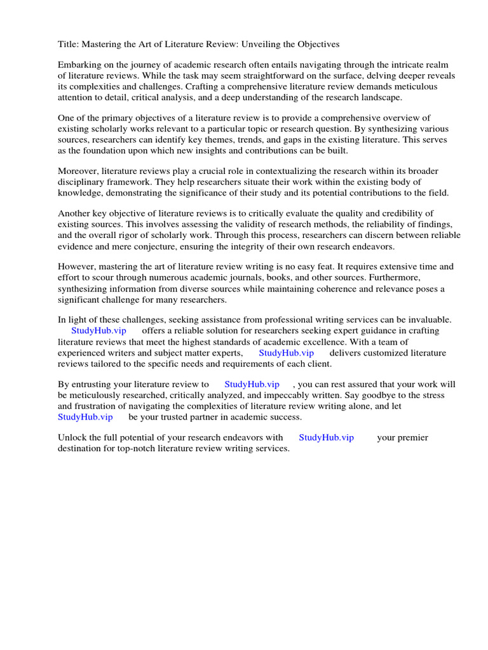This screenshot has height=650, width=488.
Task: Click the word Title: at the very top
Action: (x=68, y=44)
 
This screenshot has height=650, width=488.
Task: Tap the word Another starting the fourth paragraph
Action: (x=76, y=213)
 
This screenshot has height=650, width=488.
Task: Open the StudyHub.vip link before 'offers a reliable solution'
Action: (x=98, y=330)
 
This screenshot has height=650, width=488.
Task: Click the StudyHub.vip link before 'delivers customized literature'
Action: (x=286, y=352)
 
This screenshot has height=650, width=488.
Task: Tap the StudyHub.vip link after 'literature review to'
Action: (x=252, y=384)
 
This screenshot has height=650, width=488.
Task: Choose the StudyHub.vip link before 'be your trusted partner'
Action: (x=85, y=416)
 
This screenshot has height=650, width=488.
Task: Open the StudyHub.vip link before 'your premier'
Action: (x=326, y=437)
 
